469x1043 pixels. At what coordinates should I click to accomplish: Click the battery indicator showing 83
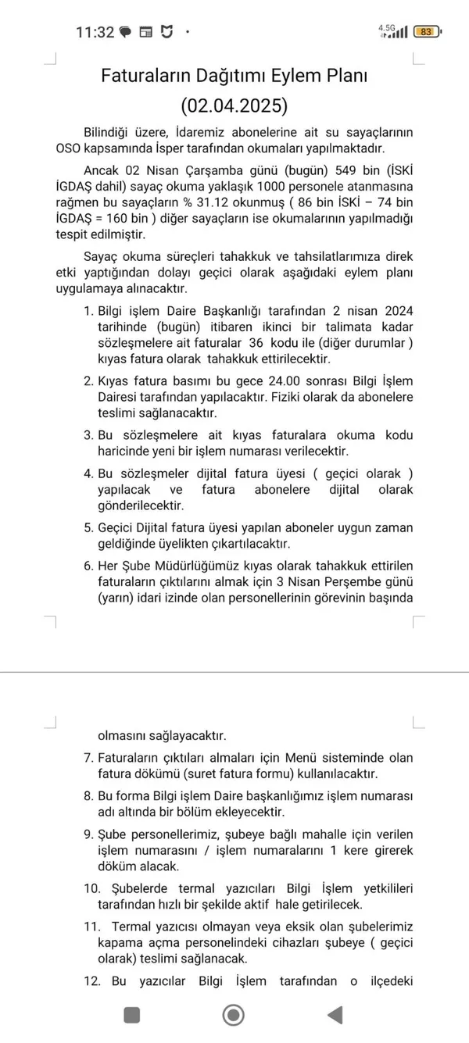425,32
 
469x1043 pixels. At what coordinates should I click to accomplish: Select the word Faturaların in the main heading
145,76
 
